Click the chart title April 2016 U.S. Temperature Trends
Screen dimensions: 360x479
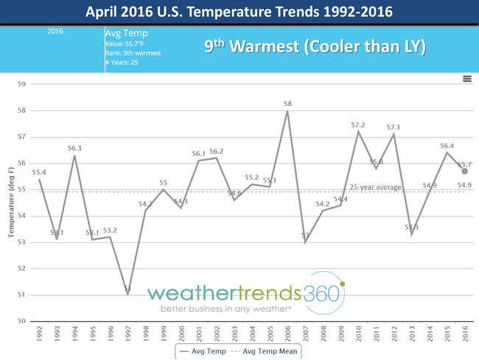click(239, 12)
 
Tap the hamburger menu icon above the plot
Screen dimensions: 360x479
click(467, 78)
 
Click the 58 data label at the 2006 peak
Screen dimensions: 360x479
click(287, 104)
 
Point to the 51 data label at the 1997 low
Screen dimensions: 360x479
click(127, 289)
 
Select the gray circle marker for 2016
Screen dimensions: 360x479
click(465, 171)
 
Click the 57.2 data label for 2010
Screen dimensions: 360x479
click(358, 125)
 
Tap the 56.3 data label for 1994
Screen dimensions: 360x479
click(74, 148)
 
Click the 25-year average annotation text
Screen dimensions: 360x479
click(375, 187)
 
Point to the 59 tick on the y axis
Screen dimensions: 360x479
click(21, 84)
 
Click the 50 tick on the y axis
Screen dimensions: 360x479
click(21, 321)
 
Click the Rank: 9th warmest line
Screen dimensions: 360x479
click(132, 53)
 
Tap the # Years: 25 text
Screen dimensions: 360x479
click(122, 62)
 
